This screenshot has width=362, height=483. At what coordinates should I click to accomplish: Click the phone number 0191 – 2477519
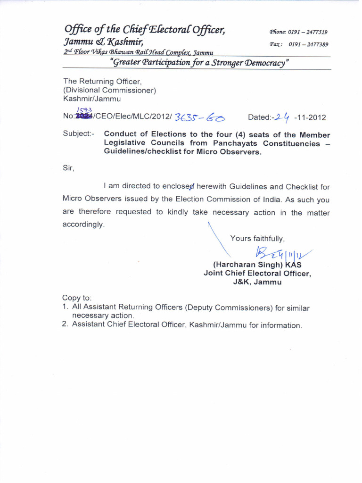click(x=308, y=32)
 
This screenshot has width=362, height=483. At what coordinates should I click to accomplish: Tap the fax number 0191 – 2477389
click(x=308, y=44)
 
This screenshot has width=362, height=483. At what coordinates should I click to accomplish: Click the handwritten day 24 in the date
click(x=283, y=117)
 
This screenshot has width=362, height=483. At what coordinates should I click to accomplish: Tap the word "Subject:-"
click(x=79, y=134)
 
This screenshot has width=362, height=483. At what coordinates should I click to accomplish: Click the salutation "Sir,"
click(x=69, y=167)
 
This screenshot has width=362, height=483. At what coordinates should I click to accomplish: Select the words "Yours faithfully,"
click(x=257, y=238)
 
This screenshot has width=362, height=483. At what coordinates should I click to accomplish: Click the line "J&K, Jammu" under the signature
click(x=257, y=282)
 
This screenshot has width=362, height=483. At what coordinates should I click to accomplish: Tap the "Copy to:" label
click(x=77, y=298)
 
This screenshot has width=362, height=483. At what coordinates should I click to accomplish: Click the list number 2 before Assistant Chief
click(x=65, y=325)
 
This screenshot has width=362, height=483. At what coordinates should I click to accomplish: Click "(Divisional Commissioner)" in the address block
click(x=109, y=90)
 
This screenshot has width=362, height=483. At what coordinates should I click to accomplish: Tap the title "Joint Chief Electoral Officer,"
click(x=257, y=274)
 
